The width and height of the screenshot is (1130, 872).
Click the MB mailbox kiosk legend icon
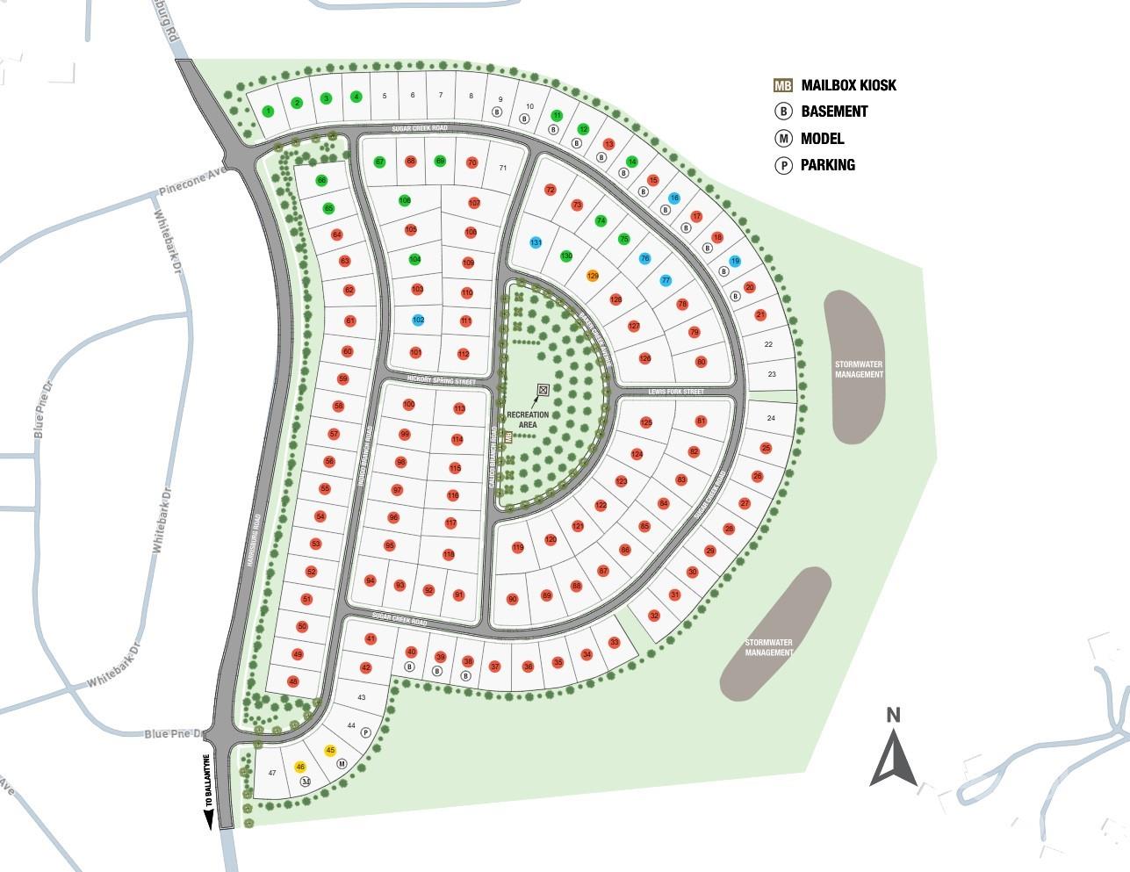pos(782,85)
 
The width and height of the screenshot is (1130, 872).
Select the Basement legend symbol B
pos(782,112)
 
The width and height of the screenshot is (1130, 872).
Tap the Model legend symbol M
pos(782,138)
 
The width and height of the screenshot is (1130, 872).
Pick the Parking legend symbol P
pos(782,165)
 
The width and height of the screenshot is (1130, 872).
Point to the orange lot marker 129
pos(593,276)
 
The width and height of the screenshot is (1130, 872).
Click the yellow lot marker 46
pos(300,767)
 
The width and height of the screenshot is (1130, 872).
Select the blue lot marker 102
pos(418,320)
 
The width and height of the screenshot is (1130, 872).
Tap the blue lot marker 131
pos(536,242)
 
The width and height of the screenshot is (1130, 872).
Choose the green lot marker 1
pos(268,111)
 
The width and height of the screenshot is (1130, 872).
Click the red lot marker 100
pos(408,405)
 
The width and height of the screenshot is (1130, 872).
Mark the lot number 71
pos(503,168)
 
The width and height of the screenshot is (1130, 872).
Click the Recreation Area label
pos(528,420)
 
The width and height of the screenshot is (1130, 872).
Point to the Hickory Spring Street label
pos(441,381)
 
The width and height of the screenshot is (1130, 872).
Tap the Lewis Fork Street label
pos(676,391)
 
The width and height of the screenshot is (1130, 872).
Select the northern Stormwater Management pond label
pos(859,369)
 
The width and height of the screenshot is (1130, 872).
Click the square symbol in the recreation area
pos(543,389)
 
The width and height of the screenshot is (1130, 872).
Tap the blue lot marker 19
pos(735,262)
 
